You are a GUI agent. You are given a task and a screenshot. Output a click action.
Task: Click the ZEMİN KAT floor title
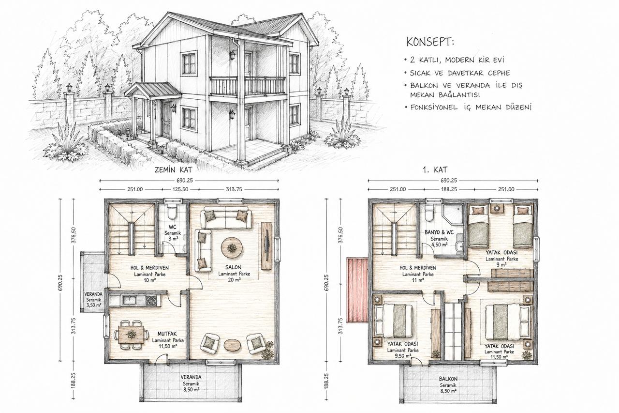173,169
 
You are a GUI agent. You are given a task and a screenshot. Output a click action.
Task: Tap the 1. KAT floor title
435,169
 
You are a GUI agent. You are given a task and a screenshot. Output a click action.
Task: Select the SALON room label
233,267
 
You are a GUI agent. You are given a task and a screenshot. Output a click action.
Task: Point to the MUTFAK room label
167,334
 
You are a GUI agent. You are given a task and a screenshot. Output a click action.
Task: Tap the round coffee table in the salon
232,247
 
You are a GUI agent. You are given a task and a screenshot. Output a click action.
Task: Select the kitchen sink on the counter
128,300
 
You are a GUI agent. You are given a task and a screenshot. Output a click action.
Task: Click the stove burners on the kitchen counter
150,301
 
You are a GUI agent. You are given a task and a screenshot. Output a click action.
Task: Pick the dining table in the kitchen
131,334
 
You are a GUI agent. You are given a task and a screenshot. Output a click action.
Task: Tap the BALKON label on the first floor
448,379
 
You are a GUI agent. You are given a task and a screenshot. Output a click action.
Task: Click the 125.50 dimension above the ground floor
180,189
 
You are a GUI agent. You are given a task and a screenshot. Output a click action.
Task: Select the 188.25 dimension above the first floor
449,189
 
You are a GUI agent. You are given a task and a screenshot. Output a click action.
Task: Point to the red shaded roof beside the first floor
357,290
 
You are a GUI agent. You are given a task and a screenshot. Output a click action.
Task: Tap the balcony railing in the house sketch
247,86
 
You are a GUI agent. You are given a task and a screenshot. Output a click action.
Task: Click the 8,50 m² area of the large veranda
191,389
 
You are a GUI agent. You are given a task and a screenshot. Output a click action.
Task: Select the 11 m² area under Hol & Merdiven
418,280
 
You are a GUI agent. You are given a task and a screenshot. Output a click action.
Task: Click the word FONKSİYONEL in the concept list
434,107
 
